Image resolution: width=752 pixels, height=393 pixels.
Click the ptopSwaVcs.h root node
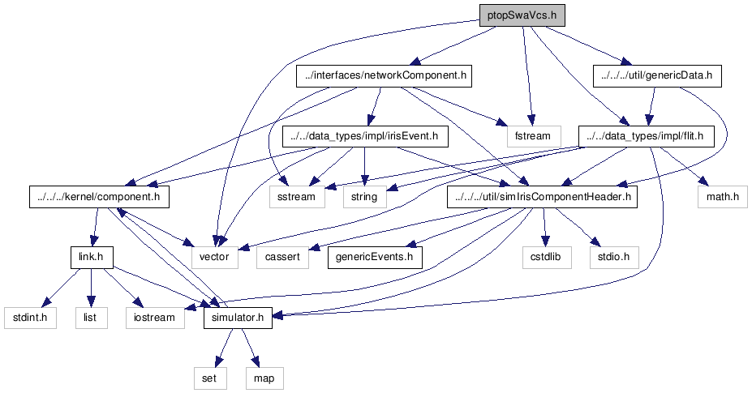pyautogui.click(x=522, y=15)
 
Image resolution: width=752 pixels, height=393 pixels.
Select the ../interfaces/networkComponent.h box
pyautogui.click(x=384, y=75)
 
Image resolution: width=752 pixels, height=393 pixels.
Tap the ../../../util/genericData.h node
pyautogui.click(x=657, y=75)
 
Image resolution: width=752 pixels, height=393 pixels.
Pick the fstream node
pyautogui.click(x=532, y=136)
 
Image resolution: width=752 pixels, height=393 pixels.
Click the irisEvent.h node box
pyautogui.click(x=365, y=136)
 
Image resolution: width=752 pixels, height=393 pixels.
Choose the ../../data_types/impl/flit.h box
pyautogui.click(x=646, y=136)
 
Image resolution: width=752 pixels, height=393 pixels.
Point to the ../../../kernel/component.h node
pyautogui.click(x=99, y=196)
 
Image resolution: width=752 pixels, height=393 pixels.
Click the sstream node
pyautogui.click(x=296, y=196)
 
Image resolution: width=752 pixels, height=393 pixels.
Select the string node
pyautogui.click(x=364, y=196)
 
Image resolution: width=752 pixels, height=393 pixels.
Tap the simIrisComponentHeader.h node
pyautogui.click(x=542, y=196)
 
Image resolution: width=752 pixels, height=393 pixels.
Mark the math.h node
pyautogui.click(x=722, y=196)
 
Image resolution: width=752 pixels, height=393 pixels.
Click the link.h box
pyautogui.click(x=92, y=257)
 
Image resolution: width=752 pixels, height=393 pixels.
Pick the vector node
pyautogui.click(x=214, y=257)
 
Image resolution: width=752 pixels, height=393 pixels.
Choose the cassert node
pyautogui.click(x=282, y=257)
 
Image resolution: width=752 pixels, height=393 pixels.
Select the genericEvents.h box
pyautogui.click(x=375, y=257)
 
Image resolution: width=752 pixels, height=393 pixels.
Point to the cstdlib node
pyautogui.click(x=548, y=257)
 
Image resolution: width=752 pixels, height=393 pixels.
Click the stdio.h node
pyautogui.click(x=614, y=257)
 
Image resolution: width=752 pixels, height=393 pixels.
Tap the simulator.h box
pyautogui.click(x=238, y=318)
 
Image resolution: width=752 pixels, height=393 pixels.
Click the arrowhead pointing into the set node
pyautogui.click(x=219, y=361)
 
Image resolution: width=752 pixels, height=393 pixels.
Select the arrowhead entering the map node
pyautogui.click(x=255, y=361)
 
